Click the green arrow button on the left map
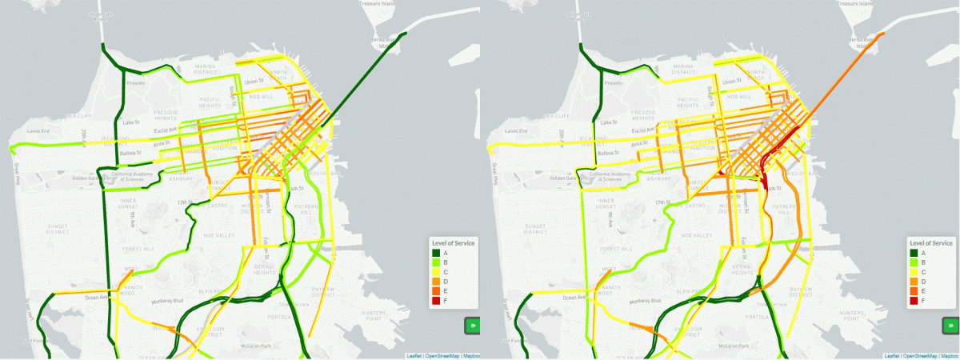coord(471,326)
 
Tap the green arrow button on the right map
coord(950,326)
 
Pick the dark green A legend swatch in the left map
coord(436,253)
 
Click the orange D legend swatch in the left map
coord(436,282)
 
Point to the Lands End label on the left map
coord(38,130)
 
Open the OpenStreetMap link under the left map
coord(442,355)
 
